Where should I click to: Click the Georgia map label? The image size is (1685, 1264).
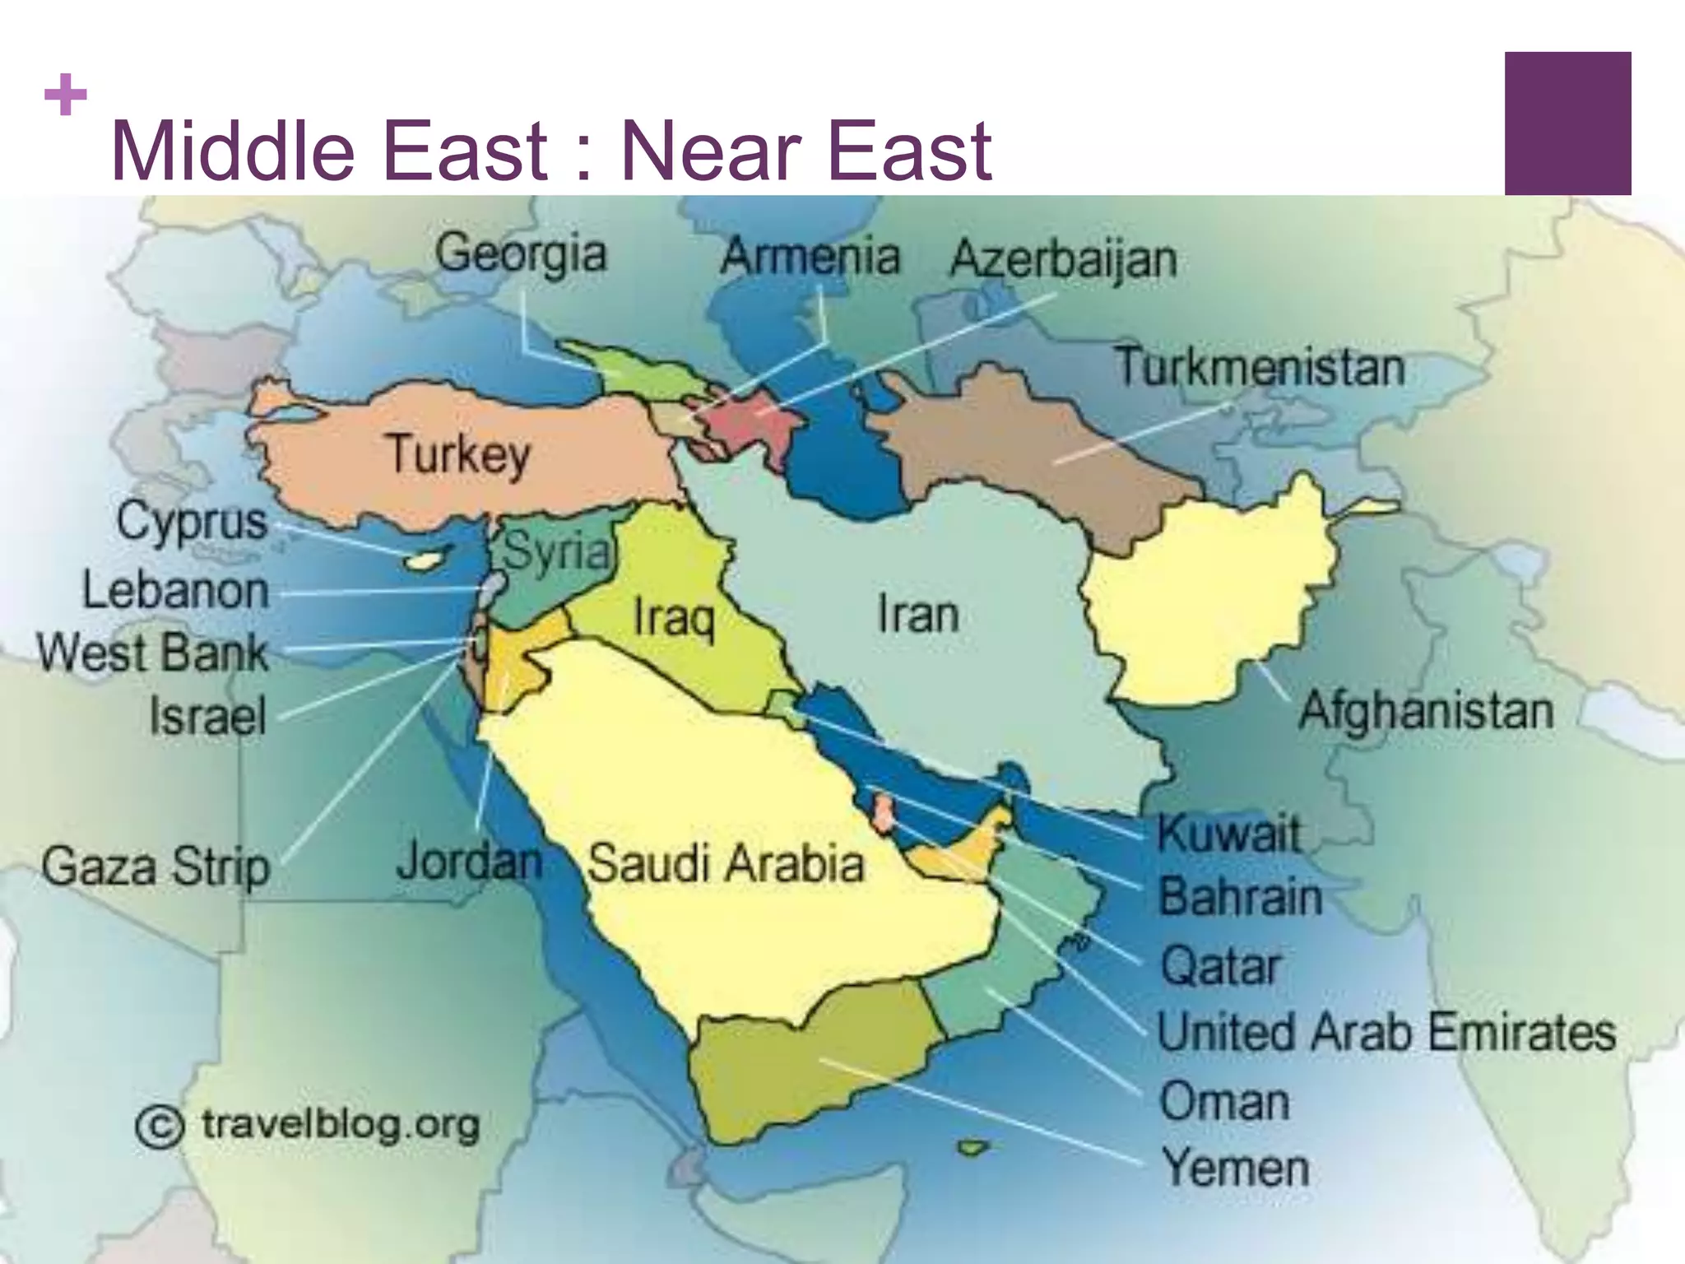click(x=521, y=253)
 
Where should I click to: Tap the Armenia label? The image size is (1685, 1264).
click(x=810, y=256)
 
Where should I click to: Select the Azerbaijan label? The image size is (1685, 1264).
click(x=1063, y=260)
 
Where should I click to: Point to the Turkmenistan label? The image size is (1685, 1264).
click(x=1259, y=367)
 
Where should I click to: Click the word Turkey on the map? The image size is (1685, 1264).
click(x=458, y=454)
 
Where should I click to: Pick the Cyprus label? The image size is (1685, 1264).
click(x=192, y=522)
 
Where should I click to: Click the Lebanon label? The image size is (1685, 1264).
click(x=175, y=591)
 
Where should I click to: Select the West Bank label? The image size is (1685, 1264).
click(x=153, y=653)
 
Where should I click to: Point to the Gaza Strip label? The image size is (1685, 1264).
click(x=156, y=867)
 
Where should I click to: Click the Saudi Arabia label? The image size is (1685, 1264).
click(x=726, y=864)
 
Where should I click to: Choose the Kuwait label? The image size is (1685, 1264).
click(x=1229, y=834)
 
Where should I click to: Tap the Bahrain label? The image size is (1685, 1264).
click(x=1240, y=897)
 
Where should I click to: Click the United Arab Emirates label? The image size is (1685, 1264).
click(x=1386, y=1032)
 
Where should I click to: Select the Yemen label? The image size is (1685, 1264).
click(x=1235, y=1168)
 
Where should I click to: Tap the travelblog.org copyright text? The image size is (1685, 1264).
click(x=309, y=1125)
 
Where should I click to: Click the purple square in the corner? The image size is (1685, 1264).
click(x=1567, y=123)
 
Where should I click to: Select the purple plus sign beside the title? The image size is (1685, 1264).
click(x=66, y=95)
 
